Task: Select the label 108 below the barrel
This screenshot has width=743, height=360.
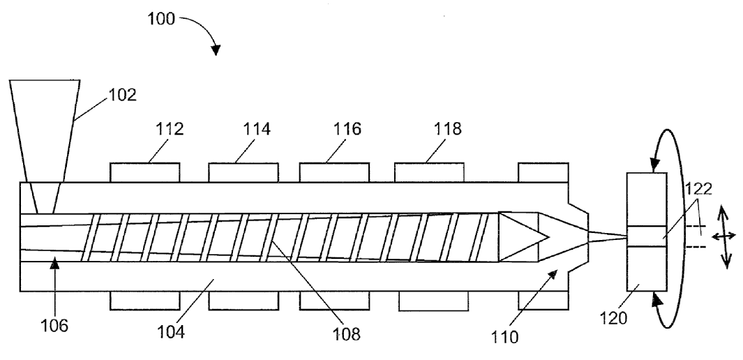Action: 346,333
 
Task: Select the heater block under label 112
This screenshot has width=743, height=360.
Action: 145,172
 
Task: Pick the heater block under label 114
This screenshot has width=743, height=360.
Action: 243,172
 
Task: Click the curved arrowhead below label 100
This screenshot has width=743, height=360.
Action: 216,50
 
